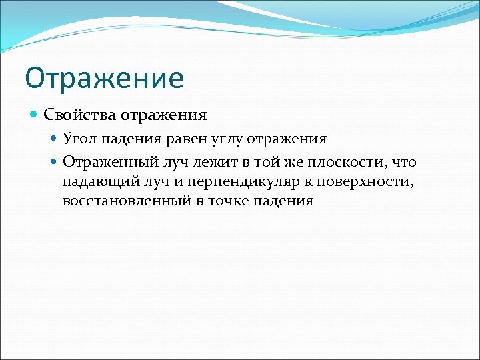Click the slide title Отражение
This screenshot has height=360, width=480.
103,78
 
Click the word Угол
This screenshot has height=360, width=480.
78,139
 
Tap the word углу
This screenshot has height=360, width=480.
225,139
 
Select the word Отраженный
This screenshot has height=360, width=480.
107,162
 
